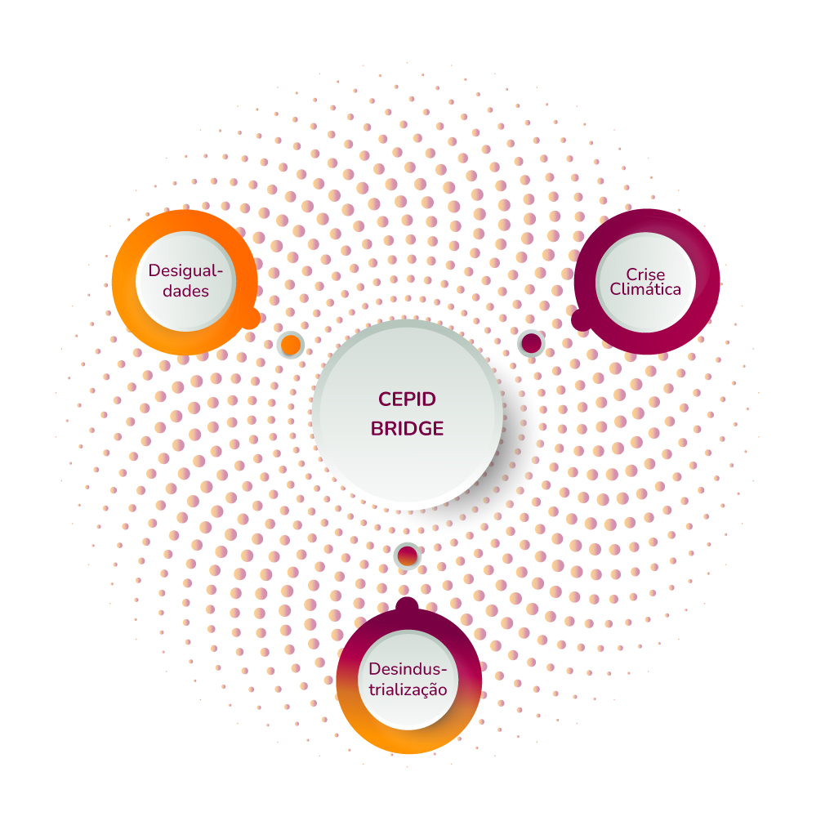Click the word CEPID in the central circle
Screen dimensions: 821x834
click(407, 399)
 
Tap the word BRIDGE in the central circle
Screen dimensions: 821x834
click(407, 428)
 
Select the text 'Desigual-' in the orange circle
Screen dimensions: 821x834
click(185, 270)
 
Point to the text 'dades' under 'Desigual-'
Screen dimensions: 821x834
click(185, 291)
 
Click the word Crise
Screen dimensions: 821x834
click(645, 274)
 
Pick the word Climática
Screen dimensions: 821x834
click(645, 289)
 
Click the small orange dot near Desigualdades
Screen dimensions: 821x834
click(290, 345)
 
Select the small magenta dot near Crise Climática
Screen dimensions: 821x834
click(531, 343)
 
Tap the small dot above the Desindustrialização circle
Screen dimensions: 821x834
click(407, 556)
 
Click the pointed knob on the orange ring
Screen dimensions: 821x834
click(250, 319)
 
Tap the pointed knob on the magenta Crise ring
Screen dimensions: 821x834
click(581, 319)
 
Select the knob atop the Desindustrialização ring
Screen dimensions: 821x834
click(407, 606)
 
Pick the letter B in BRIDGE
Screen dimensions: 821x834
click(377, 428)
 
